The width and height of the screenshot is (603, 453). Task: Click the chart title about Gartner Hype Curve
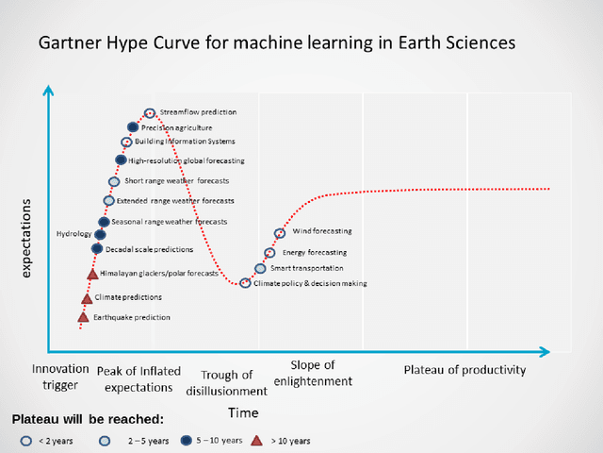[276, 43]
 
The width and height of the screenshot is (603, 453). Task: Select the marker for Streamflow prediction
[150, 113]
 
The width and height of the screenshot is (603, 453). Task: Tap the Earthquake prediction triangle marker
[83, 317]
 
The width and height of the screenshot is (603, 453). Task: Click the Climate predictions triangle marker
[87, 298]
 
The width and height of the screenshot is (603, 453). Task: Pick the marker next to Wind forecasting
[279, 232]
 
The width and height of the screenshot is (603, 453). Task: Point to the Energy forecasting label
[315, 253]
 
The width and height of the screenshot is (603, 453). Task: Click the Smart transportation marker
[260, 269]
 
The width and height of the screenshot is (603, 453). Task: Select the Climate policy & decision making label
[310, 283]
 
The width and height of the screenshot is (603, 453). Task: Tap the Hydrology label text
[74, 234]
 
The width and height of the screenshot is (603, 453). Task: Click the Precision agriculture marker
[133, 127]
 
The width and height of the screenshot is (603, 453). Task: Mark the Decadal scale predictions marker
[96, 248]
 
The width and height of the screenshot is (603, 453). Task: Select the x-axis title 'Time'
[242, 413]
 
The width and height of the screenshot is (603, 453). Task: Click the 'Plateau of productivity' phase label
[464, 370]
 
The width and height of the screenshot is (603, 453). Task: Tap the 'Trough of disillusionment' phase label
[226, 383]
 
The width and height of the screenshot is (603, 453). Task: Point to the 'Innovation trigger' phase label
[60, 377]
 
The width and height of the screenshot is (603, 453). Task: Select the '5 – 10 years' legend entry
[219, 440]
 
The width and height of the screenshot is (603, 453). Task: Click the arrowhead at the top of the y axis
[49, 92]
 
